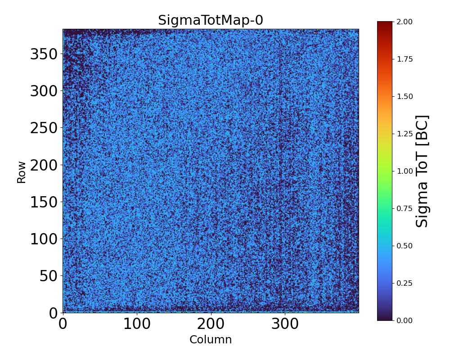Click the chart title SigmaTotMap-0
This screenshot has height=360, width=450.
click(x=210, y=21)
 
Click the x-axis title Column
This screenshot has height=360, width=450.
click(x=210, y=340)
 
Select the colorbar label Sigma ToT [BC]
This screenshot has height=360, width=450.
click(x=422, y=171)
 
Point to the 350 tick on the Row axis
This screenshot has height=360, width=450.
click(x=44, y=54)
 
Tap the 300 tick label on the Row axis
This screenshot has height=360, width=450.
click(x=44, y=91)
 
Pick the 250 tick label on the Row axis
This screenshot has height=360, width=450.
click(x=44, y=128)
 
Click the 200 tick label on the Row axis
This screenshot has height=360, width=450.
click(x=44, y=165)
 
